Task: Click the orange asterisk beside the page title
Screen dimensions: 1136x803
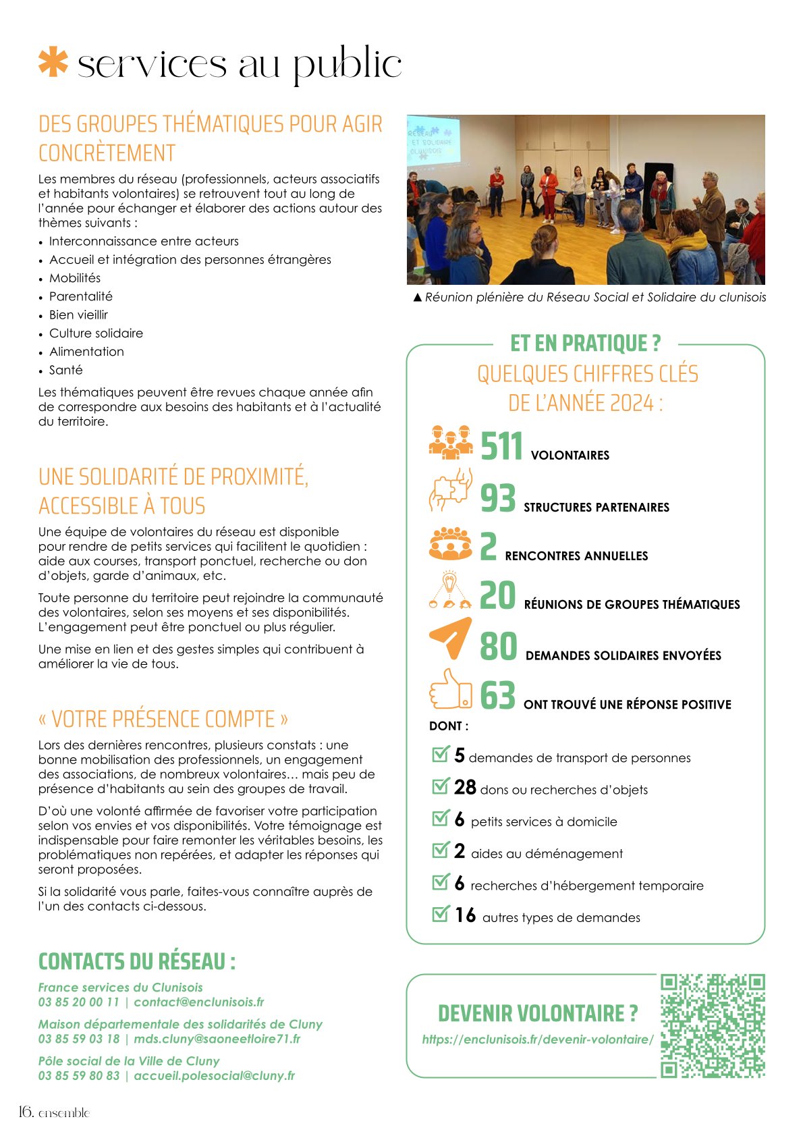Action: (53, 62)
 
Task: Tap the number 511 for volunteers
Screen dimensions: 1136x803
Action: (501, 446)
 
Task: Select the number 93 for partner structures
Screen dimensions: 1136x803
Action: (497, 498)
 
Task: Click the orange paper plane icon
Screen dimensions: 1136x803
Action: (450, 638)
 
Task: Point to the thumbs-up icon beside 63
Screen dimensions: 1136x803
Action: (450, 689)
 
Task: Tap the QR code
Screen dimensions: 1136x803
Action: (712, 1025)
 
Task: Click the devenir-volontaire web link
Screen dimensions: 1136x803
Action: (537, 1039)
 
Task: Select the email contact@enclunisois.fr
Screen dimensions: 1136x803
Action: (199, 1002)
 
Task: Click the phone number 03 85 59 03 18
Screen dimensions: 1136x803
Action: (79, 1039)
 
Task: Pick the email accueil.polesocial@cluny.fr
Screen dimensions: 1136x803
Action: (215, 1076)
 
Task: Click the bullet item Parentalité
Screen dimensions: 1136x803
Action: (81, 296)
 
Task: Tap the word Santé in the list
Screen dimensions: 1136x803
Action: (66, 370)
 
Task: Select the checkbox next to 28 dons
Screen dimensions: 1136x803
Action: (440, 786)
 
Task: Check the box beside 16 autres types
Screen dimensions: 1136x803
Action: (440, 914)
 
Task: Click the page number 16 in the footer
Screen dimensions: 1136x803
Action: (26, 1112)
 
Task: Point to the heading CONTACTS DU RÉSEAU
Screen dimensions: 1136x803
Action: (137, 961)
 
